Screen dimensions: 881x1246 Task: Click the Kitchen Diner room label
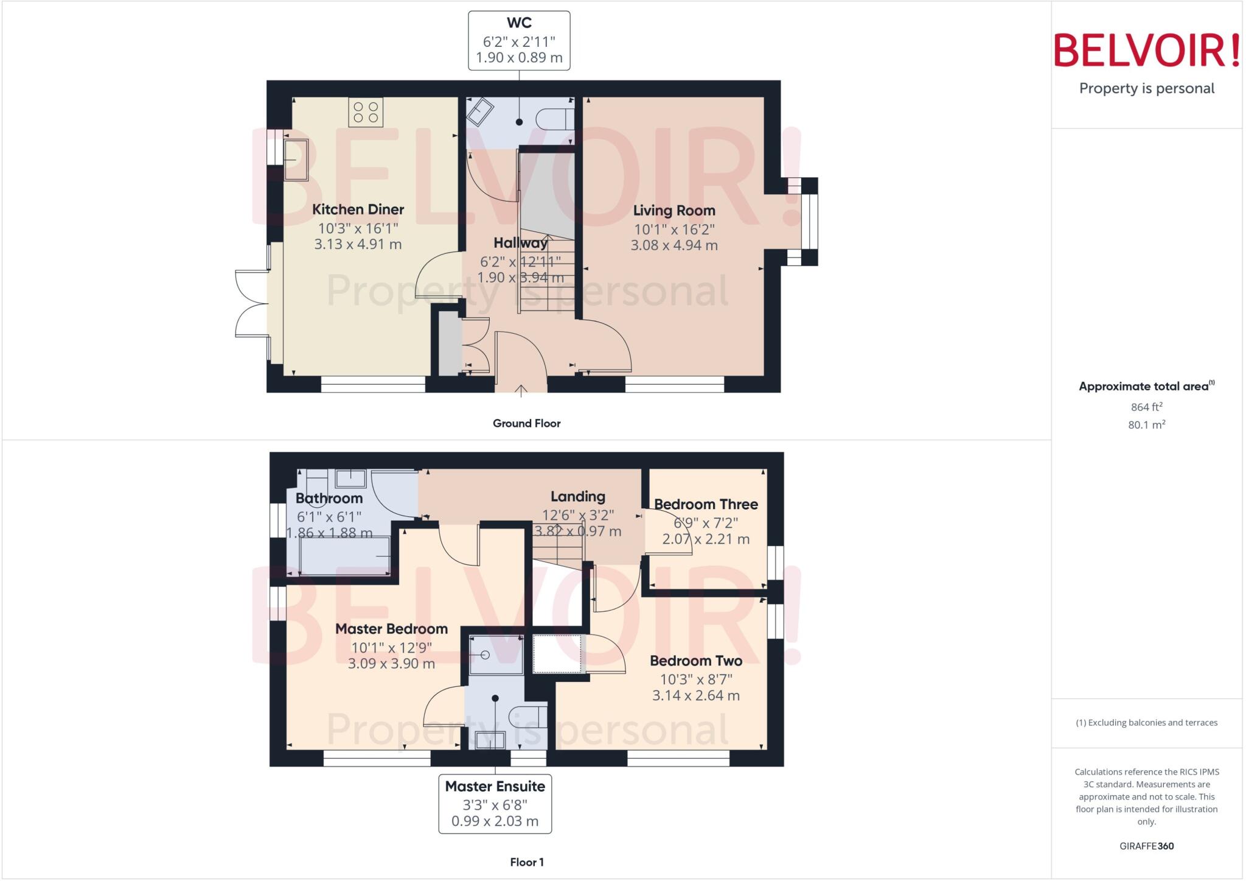coord(358,209)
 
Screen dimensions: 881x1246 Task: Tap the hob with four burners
coord(366,113)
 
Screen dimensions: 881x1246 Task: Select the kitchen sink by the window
coord(296,160)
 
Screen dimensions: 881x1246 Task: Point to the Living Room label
coord(674,211)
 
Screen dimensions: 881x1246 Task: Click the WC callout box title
coord(519,23)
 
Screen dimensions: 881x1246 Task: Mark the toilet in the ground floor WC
coord(554,119)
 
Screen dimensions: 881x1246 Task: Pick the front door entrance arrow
coord(521,390)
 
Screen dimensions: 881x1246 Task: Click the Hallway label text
coord(520,243)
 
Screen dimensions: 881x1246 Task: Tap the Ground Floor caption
coord(526,423)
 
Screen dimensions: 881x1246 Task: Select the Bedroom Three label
coord(706,504)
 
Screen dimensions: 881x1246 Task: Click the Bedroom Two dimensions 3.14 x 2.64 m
coord(696,695)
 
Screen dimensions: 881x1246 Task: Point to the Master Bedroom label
coord(391,629)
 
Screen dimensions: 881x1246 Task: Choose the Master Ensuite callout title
coord(495,787)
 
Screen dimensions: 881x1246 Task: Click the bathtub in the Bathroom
coord(344,556)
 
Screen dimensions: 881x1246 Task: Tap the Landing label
coord(577,497)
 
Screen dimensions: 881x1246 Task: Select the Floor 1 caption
coord(527,862)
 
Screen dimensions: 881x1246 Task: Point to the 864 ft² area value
coord(1146,407)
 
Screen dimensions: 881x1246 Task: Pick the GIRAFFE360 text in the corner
coord(1146,846)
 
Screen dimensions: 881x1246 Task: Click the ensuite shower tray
coord(496,655)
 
